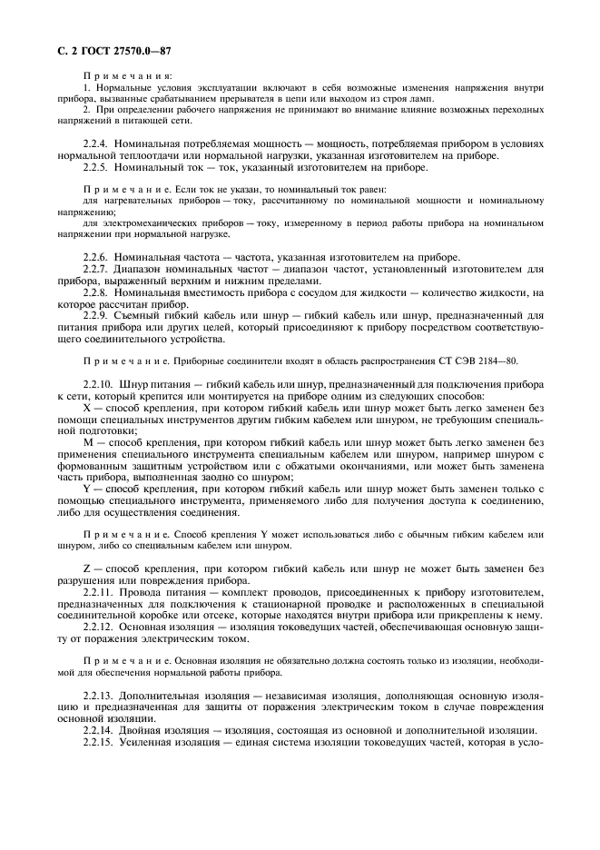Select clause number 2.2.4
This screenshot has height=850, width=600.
coord(98,144)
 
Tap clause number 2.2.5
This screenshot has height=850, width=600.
coord(98,167)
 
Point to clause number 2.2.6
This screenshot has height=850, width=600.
coord(98,257)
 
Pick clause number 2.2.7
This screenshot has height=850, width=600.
coord(98,269)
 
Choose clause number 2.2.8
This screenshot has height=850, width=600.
coord(98,292)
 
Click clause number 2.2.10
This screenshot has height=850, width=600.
coord(101,384)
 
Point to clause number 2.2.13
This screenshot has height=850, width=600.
coord(101,695)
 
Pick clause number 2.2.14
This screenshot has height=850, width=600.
coord(101,730)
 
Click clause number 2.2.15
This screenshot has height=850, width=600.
coord(101,742)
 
